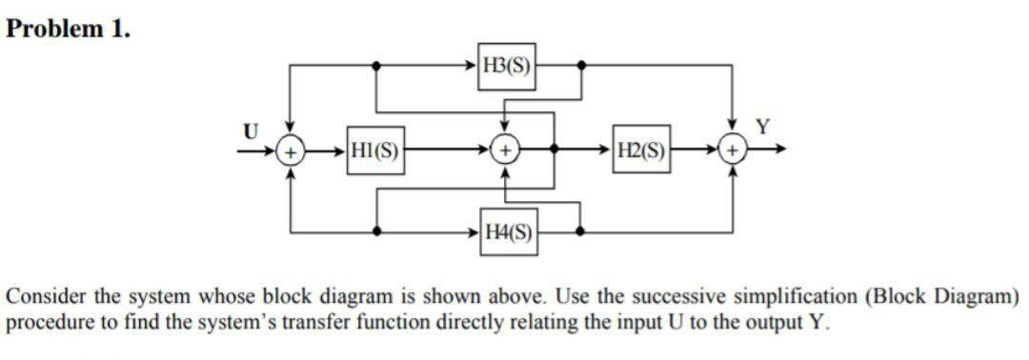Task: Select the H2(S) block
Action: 642,150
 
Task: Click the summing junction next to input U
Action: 292,150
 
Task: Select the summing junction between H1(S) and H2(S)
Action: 505,150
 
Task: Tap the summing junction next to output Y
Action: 733,150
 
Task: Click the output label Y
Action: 760,127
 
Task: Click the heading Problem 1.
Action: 68,29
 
